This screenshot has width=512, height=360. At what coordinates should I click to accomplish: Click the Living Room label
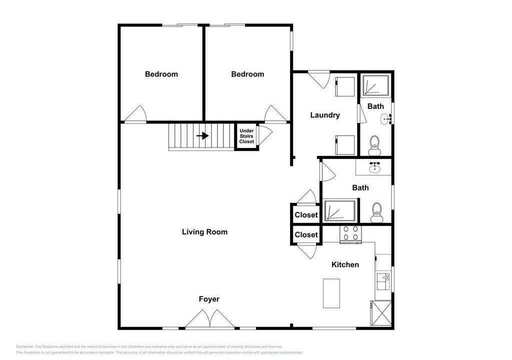(204, 232)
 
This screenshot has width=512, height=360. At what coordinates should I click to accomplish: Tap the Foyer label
(209, 299)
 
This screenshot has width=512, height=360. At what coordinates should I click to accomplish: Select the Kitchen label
(345, 264)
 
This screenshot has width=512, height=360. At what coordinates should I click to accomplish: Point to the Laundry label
(325, 115)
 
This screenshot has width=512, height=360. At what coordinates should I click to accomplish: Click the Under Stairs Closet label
(246, 136)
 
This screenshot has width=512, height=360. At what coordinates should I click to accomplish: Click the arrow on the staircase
(202, 135)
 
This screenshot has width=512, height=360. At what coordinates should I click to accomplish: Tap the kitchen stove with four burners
(351, 234)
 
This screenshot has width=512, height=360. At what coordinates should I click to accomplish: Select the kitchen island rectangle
(331, 293)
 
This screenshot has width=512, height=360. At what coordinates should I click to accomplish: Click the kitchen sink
(383, 281)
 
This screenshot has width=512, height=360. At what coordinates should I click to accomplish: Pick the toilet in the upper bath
(374, 145)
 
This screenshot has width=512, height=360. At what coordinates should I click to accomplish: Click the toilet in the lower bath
(377, 212)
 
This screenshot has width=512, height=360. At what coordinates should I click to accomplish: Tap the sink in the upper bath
(386, 119)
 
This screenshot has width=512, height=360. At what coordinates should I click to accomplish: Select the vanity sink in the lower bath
(374, 167)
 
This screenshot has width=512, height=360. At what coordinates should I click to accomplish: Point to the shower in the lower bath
(340, 210)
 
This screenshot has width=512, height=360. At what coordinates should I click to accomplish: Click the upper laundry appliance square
(345, 86)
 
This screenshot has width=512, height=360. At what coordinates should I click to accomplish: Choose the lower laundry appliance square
(345, 145)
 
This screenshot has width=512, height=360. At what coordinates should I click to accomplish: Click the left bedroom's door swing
(135, 113)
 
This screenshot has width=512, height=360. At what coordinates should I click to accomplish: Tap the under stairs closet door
(265, 135)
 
